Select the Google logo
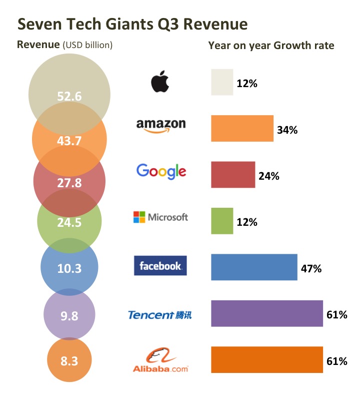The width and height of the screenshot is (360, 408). [161, 172]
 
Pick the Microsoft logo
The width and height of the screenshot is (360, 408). [160, 217]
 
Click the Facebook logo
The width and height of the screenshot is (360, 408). [160, 266]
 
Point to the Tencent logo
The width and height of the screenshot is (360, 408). [159, 315]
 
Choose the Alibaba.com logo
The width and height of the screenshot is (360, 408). [160, 361]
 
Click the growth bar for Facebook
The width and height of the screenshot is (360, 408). [254, 267]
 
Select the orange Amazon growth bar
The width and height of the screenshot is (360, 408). [242, 129]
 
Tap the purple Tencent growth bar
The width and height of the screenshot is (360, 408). [267, 313]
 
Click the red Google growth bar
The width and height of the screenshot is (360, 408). [233, 175]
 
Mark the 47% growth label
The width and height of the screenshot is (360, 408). [311, 268]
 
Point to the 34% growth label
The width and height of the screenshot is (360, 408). [287, 130]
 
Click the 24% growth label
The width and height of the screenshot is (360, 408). [269, 176]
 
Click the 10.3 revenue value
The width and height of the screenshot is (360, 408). [69, 268]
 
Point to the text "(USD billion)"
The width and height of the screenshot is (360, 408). [87, 45]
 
